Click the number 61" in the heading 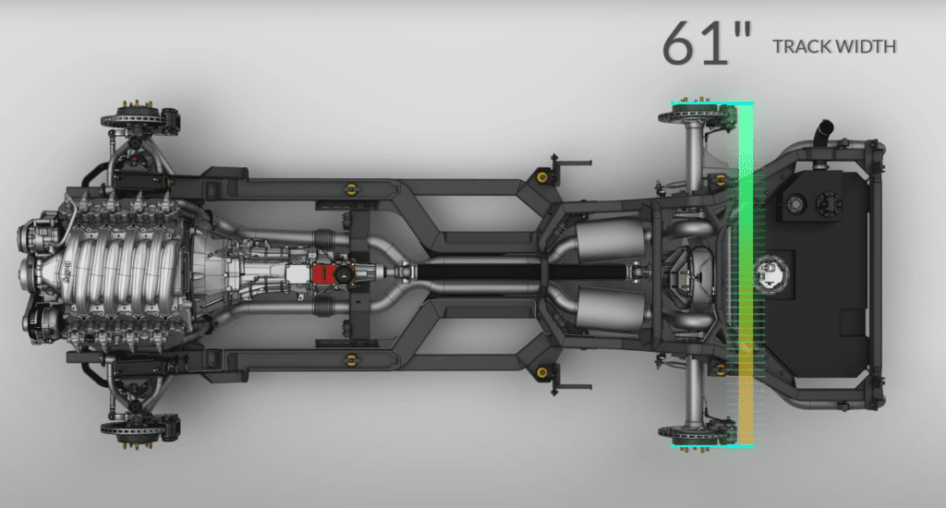[x=707, y=42]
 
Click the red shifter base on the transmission [x=324, y=274]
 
